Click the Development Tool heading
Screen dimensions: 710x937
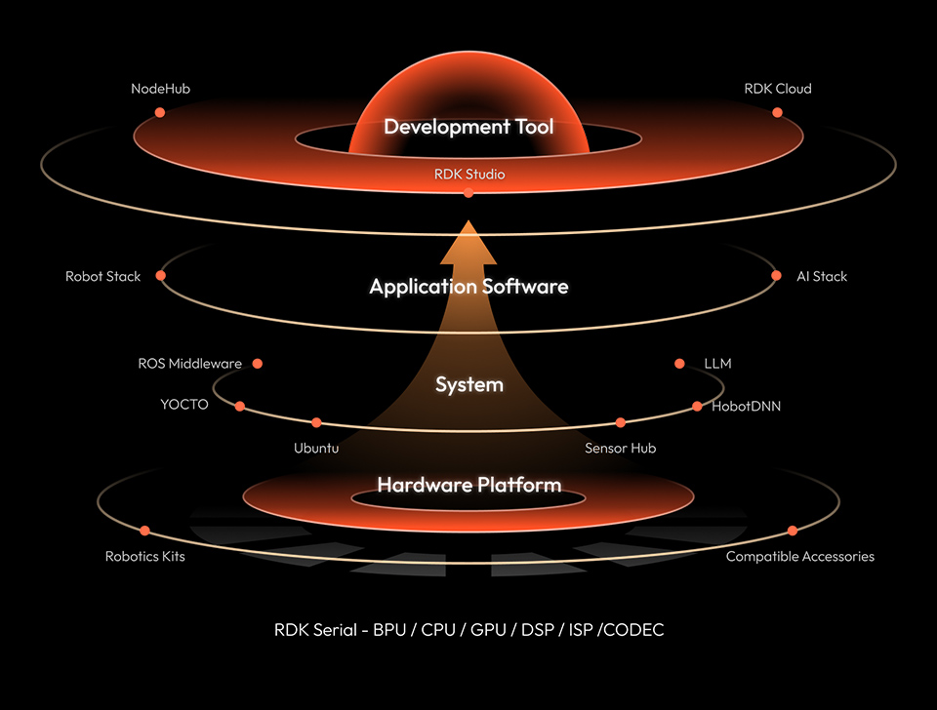tap(468, 127)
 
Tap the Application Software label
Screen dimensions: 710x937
tap(468, 287)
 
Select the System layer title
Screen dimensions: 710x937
tap(469, 385)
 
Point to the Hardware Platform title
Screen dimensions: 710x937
tap(469, 485)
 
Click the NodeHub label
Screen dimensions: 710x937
tap(160, 89)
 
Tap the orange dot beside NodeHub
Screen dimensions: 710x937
tap(160, 112)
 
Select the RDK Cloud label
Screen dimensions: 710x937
tap(777, 89)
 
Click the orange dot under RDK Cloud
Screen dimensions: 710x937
tap(778, 112)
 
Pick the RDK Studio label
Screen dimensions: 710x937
tap(469, 175)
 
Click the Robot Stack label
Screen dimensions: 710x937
tap(102, 276)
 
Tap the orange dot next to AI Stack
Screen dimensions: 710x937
tap(776, 276)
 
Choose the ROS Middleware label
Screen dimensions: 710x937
tap(189, 364)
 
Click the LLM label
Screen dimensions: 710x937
tap(717, 364)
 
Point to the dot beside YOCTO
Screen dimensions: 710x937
tap(240, 406)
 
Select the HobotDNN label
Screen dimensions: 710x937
tap(746, 406)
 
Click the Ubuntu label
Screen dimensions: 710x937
tap(316, 449)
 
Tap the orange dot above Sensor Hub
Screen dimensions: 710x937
tap(621, 423)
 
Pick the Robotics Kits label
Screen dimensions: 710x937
tap(144, 557)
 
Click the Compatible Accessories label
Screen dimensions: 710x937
tap(799, 557)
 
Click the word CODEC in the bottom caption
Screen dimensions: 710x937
tap(634, 630)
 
